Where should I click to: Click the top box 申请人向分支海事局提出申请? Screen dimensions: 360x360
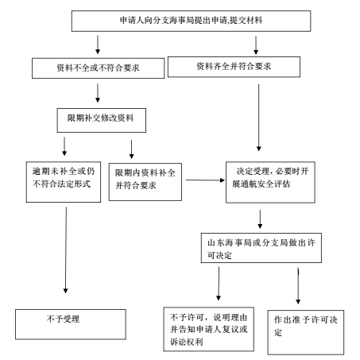(x=191, y=21)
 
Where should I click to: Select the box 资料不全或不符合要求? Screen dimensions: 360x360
(x=98, y=68)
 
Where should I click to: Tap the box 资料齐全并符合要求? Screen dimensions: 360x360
(x=234, y=67)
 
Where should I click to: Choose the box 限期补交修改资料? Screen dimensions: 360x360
(x=102, y=120)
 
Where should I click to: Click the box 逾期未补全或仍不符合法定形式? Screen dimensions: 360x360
(x=64, y=182)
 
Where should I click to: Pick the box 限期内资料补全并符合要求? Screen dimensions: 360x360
(x=145, y=182)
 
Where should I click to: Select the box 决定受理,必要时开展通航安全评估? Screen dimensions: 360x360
(x=270, y=182)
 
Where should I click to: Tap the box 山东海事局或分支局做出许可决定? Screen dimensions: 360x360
(x=261, y=248)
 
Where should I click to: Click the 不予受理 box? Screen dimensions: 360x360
(x=71, y=324)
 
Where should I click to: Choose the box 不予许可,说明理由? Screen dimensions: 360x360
(x=209, y=329)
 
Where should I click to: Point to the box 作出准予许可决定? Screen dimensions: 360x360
(x=306, y=332)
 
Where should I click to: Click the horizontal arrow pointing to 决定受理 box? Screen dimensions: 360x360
(x=205, y=180)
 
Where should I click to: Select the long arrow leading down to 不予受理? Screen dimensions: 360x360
(x=66, y=250)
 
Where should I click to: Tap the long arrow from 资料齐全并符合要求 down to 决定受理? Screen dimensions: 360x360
(x=259, y=118)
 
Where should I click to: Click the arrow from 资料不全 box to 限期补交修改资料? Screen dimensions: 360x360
(x=98, y=93)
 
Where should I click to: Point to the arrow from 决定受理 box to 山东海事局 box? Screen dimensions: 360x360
(x=260, y=219)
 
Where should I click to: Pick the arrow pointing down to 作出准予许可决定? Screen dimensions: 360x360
(x=298, y=285)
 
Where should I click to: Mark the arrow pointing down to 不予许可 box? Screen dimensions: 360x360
(x=219, y=284)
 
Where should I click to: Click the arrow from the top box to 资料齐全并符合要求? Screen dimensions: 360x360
(x=256, y=45)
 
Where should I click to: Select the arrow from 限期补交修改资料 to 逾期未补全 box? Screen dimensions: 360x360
(x=64, y=146)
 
